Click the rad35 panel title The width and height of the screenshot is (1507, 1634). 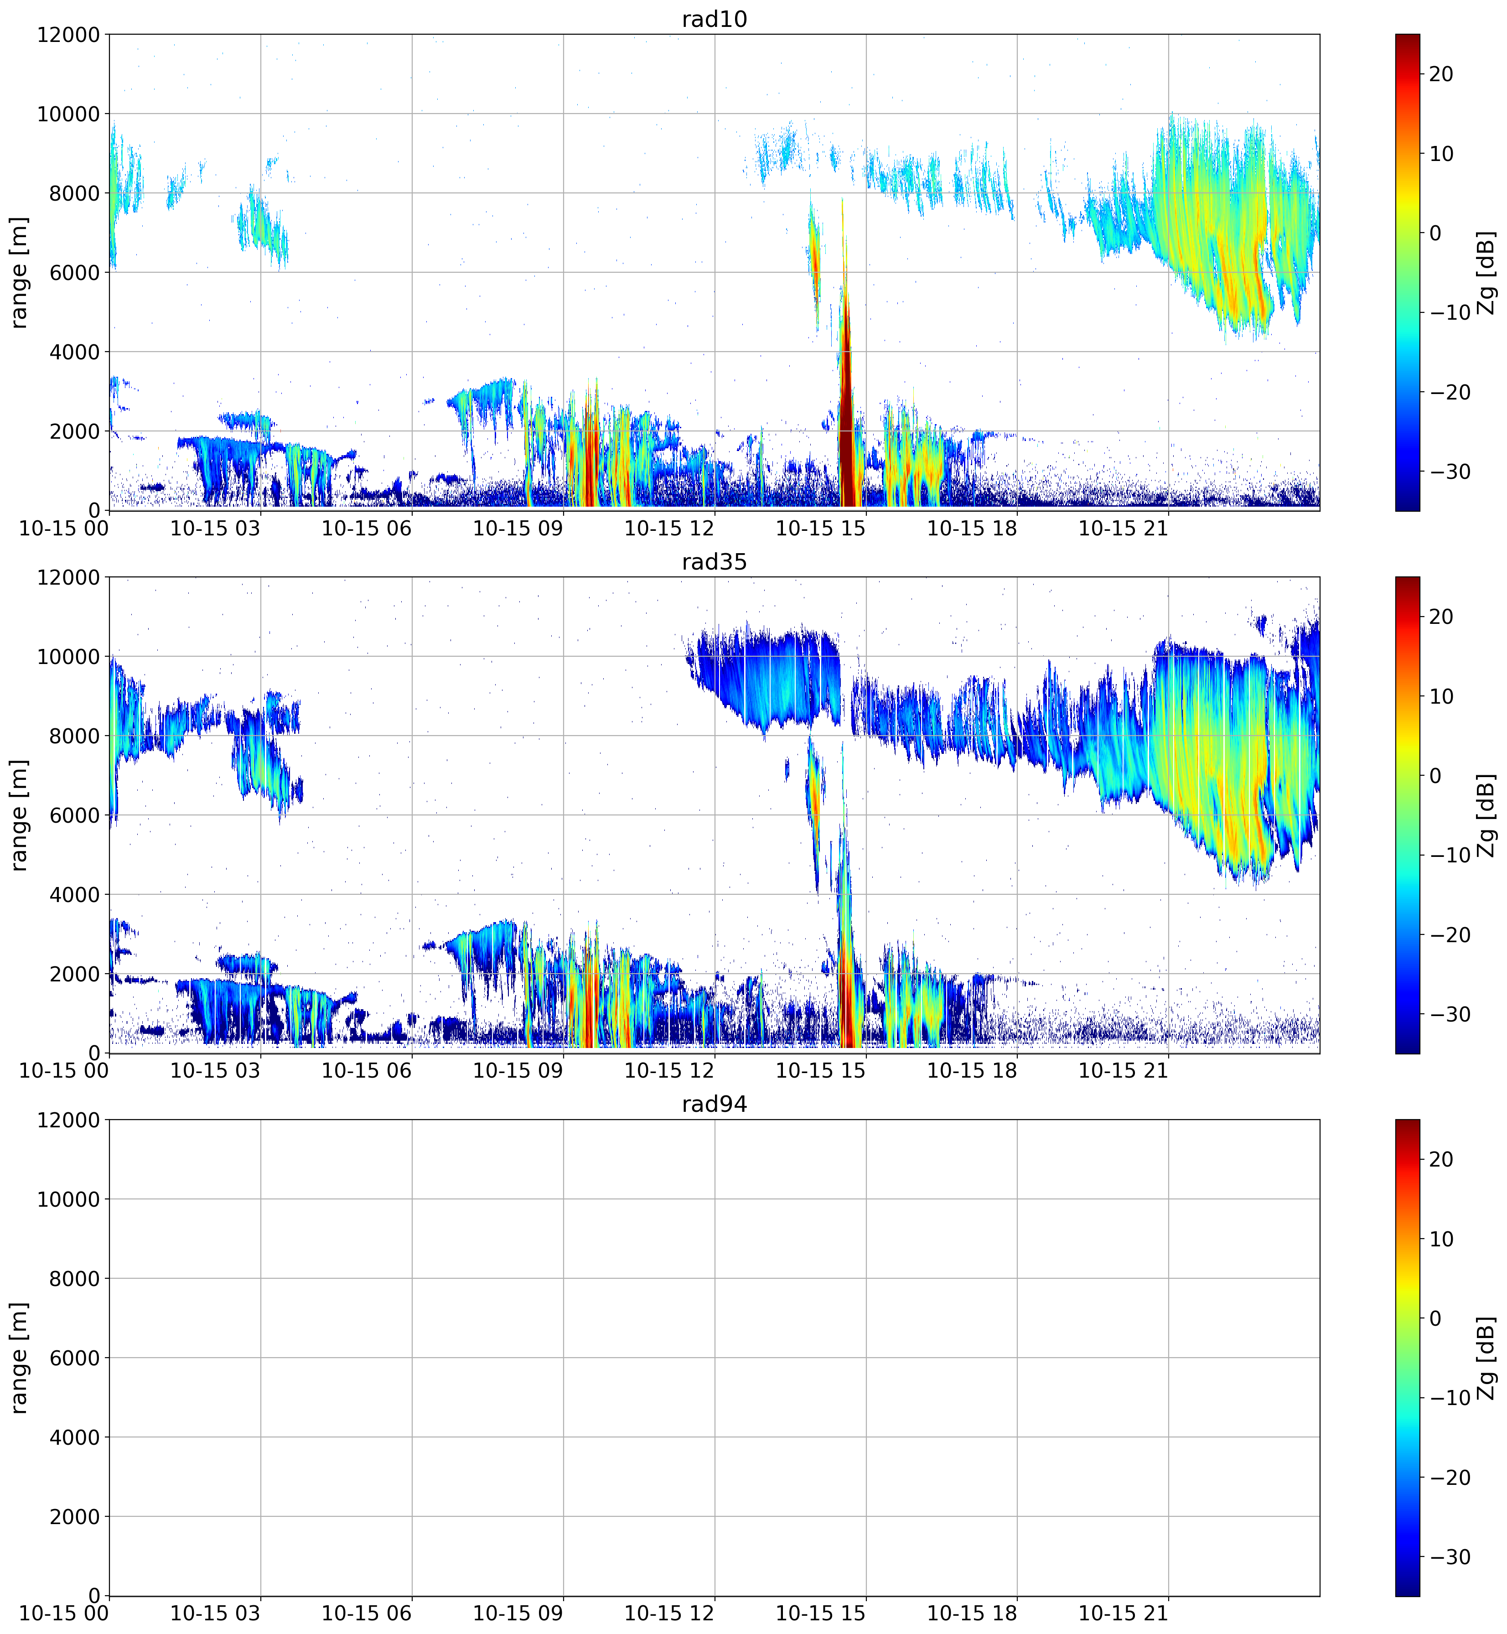pyautogui.click(x=715, y=562)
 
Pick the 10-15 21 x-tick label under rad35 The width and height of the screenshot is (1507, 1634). pyautogui.click(x=1123, y=1071)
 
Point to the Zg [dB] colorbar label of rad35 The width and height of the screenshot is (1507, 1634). pyautogui.click(x=1486, y=815)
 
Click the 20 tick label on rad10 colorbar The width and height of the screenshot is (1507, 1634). pyautogui.click(x=1441, y=74)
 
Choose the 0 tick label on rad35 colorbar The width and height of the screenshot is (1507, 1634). pyautogui.click(x=1435, y=776)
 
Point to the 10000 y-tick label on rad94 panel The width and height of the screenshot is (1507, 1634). pyautogui.click(x=68, y=1199)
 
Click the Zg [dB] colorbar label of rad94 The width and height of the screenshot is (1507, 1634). pyautogui.click(x=1486, y=1358)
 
